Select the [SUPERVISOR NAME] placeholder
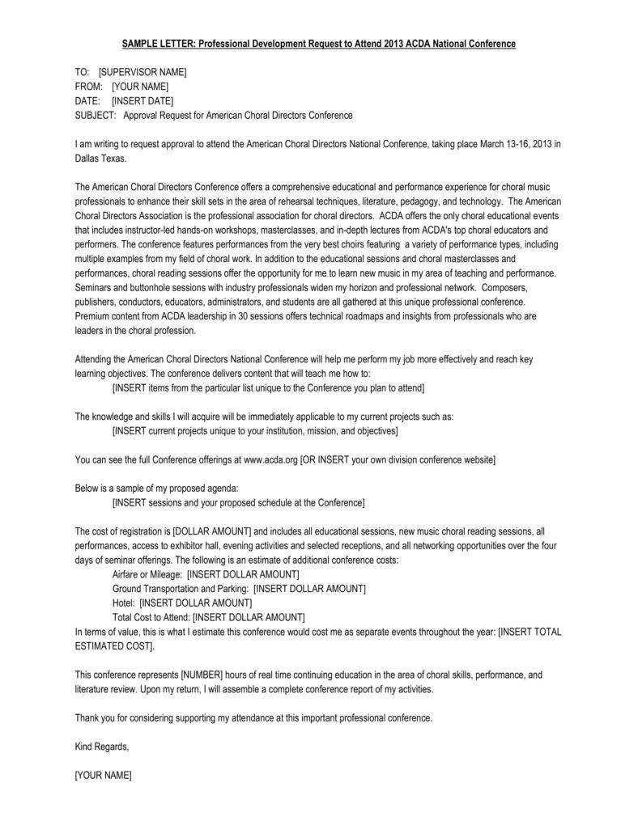tap(142, 72)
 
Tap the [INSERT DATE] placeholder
tap(142, 101)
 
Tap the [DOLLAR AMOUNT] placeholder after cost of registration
tap(212, 531)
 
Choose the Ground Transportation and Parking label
tap(181, 589)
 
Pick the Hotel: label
tap(124, 603)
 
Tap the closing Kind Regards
tap(101, 747)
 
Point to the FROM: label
tap(88, 87)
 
